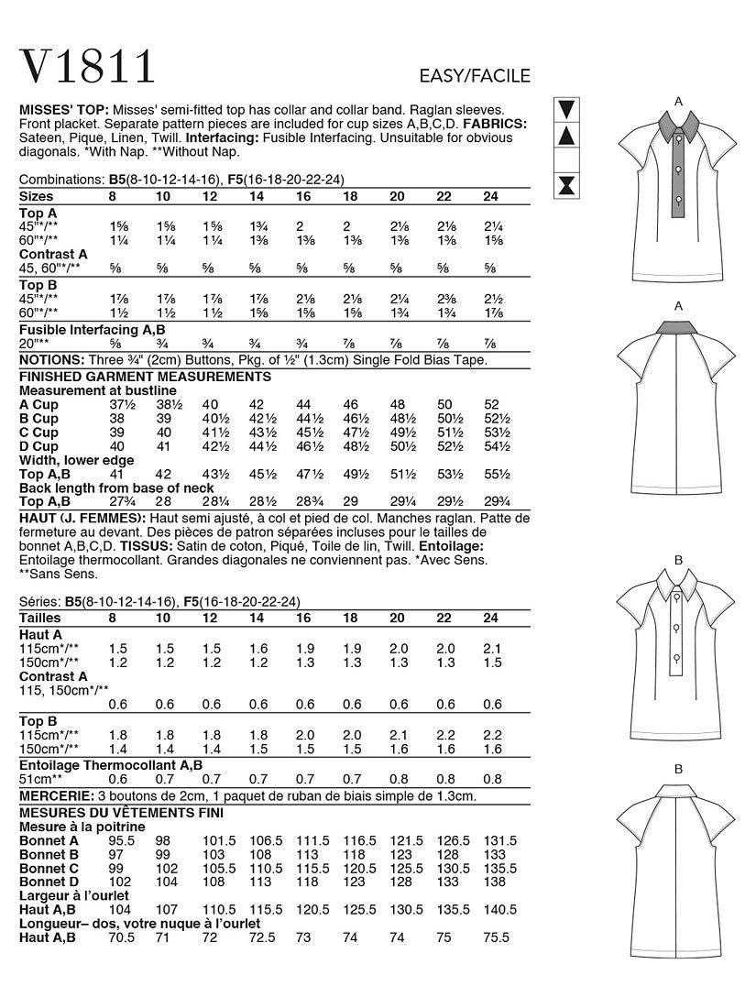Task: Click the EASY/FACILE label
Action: click(474, 76)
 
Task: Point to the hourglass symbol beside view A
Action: click(566, 186)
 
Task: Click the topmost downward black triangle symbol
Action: click(566, 109)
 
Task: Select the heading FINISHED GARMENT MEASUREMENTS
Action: click(145, 377)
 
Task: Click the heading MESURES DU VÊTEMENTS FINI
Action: click(120, 812)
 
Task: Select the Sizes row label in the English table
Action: click(37, 196)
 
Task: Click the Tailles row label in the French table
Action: click(40, 618)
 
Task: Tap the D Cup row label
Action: click(38, 446)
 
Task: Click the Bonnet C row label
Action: click(49, 868)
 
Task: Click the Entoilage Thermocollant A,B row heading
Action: click(111, 764)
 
